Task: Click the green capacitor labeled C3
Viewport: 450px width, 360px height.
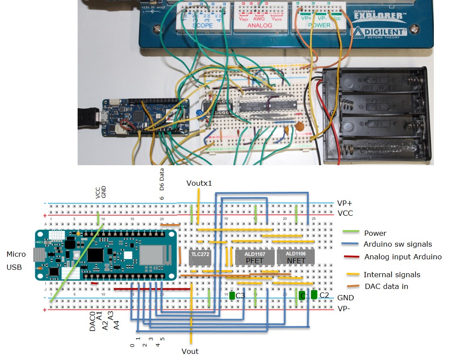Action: click(232, 295)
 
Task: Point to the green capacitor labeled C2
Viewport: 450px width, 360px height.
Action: click(314, 295)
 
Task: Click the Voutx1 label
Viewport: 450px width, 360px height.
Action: click(199, 183)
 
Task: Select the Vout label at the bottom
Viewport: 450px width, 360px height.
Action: click(190, 351)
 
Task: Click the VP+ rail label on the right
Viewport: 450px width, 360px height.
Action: click(345, 204)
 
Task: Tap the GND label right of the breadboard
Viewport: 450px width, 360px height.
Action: click(345, 298)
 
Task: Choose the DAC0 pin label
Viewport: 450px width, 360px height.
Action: click(92, 322)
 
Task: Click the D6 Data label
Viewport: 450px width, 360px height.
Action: click(162, 180)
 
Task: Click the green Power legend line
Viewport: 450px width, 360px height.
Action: click(351, 233)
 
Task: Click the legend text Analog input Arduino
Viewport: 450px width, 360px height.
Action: click(402, 257)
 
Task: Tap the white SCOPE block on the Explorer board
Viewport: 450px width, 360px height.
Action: click(203, 17)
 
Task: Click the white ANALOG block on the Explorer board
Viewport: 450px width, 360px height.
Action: click(259, 17)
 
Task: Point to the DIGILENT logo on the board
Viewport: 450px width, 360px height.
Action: click(380, 33)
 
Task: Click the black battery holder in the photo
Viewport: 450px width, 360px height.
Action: click(377, 114)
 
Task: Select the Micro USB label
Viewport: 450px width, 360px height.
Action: click(16, 261)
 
